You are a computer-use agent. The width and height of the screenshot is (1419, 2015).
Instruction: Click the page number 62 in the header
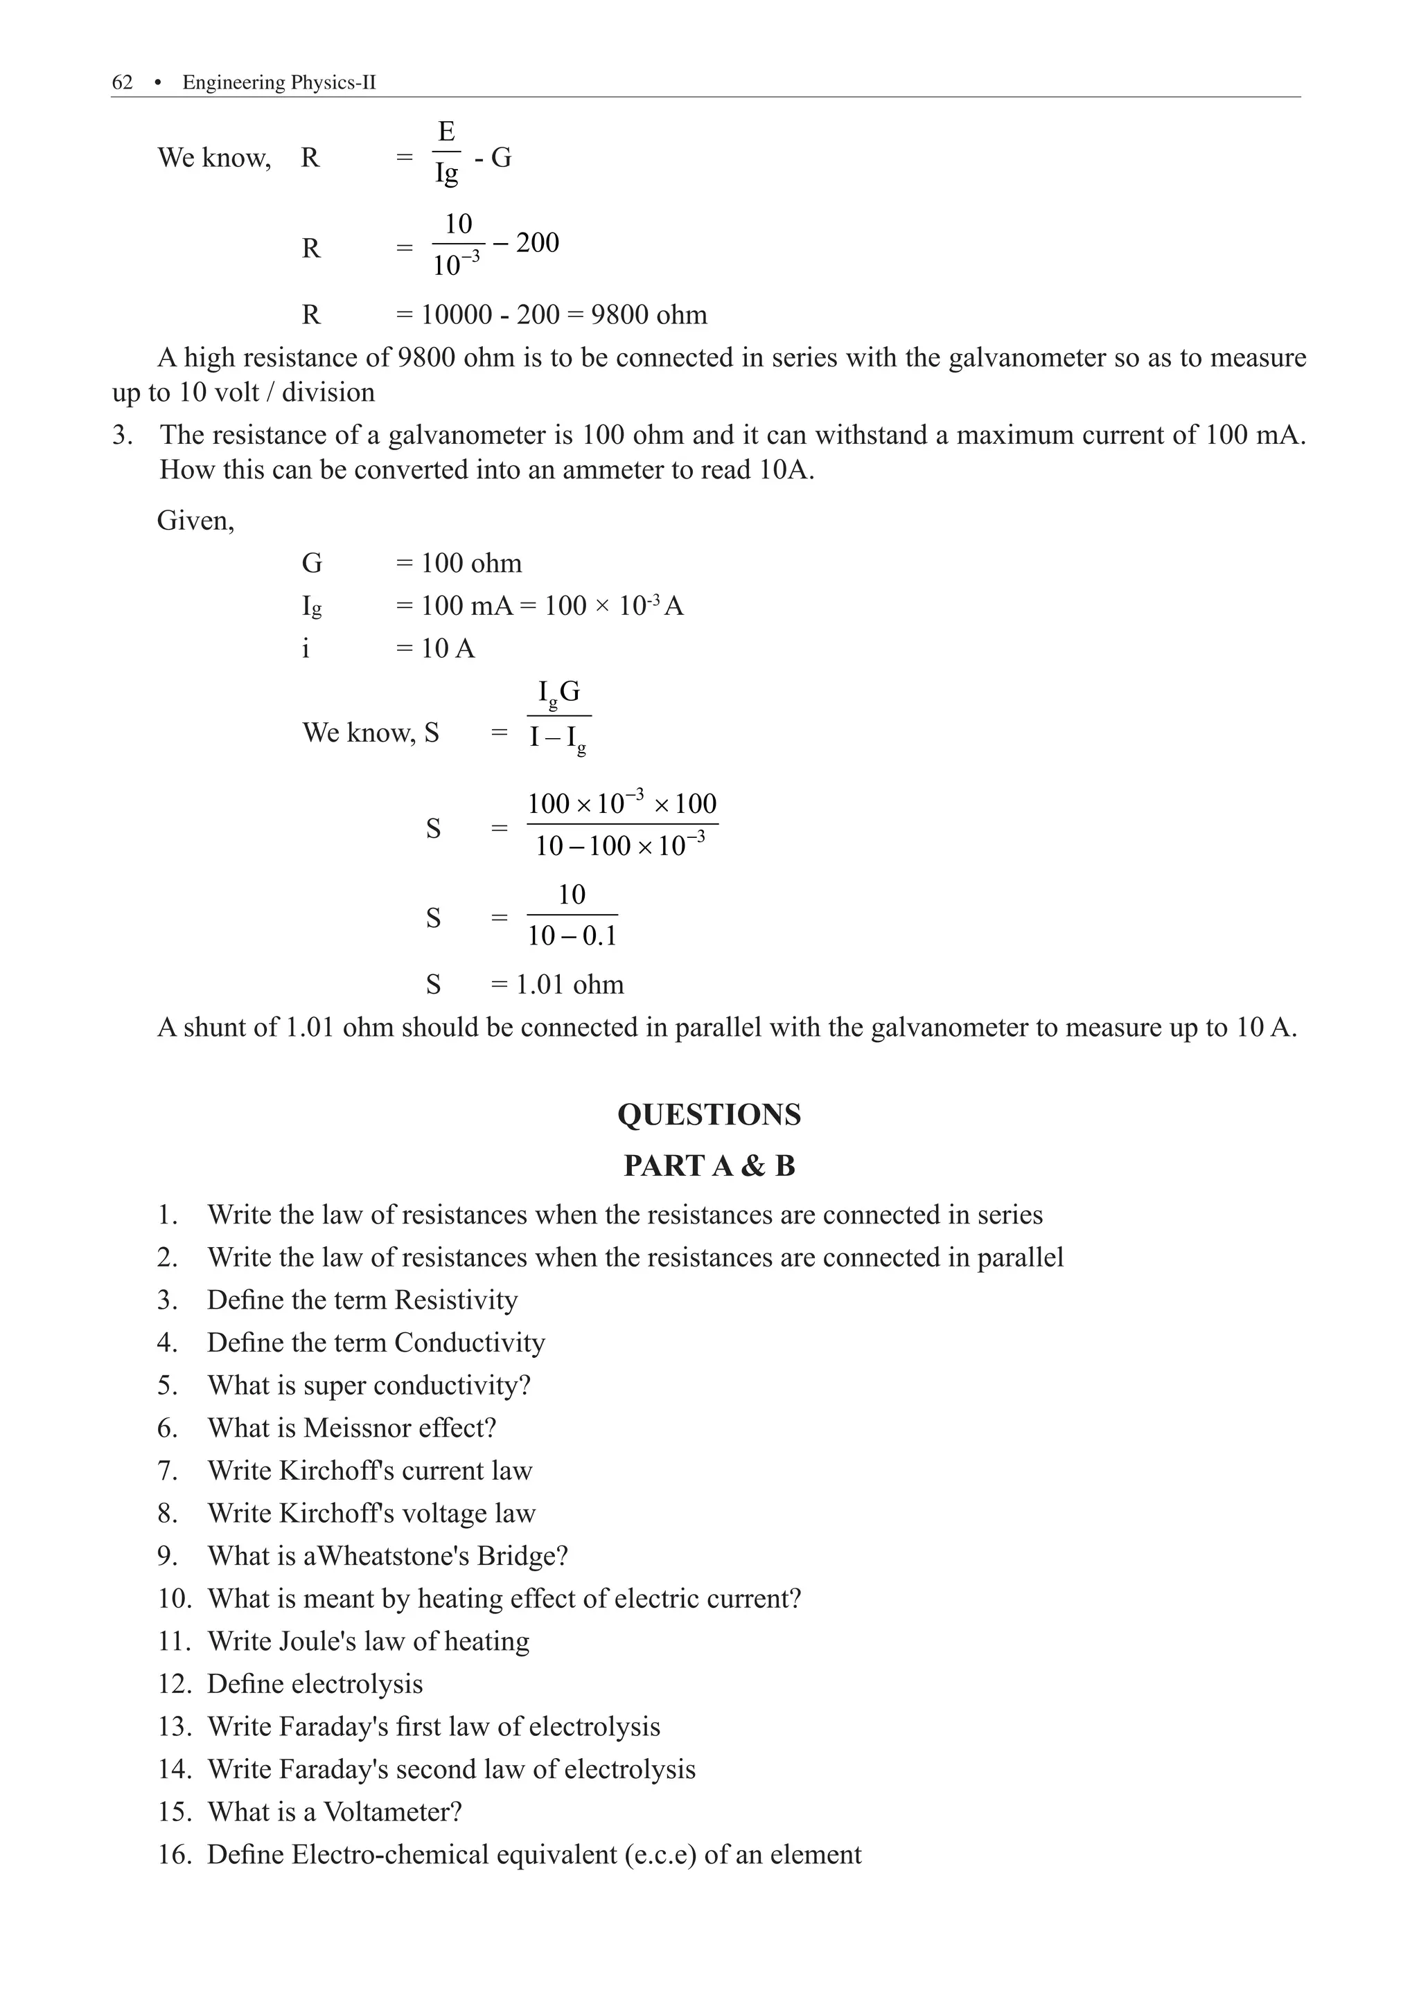click(x=122, y=82)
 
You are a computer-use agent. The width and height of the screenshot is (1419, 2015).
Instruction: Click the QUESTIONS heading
click(x=709, y=1115)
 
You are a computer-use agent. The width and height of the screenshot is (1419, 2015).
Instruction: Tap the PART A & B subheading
click(x=709, y=1165)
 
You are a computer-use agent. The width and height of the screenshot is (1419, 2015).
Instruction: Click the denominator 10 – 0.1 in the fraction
click(x=572, y=935)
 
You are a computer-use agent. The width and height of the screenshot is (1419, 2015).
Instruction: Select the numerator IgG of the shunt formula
click(x=558, y=693)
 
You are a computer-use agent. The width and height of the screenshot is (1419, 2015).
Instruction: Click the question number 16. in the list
click(x=174, y=1854)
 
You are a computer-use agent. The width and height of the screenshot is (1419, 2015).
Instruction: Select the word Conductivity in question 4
click(x=469, y=1343)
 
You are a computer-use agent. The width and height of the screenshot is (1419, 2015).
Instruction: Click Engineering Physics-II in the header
click(x=279, y=82)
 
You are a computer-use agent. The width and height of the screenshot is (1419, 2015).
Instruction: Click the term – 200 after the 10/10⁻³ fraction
click(x=526, y=242)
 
